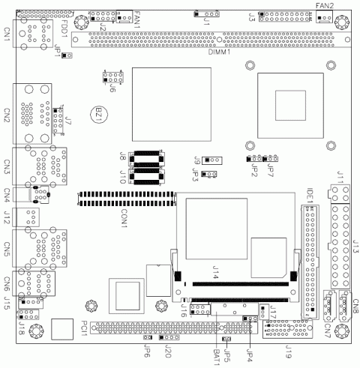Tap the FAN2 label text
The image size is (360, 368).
[x=324, y=6]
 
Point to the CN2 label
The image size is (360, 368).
[x=7, y=117]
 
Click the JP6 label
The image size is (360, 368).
[x=148, y=351]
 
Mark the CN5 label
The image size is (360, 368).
[x=7, y=247]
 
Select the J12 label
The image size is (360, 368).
[x=7, y=217]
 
